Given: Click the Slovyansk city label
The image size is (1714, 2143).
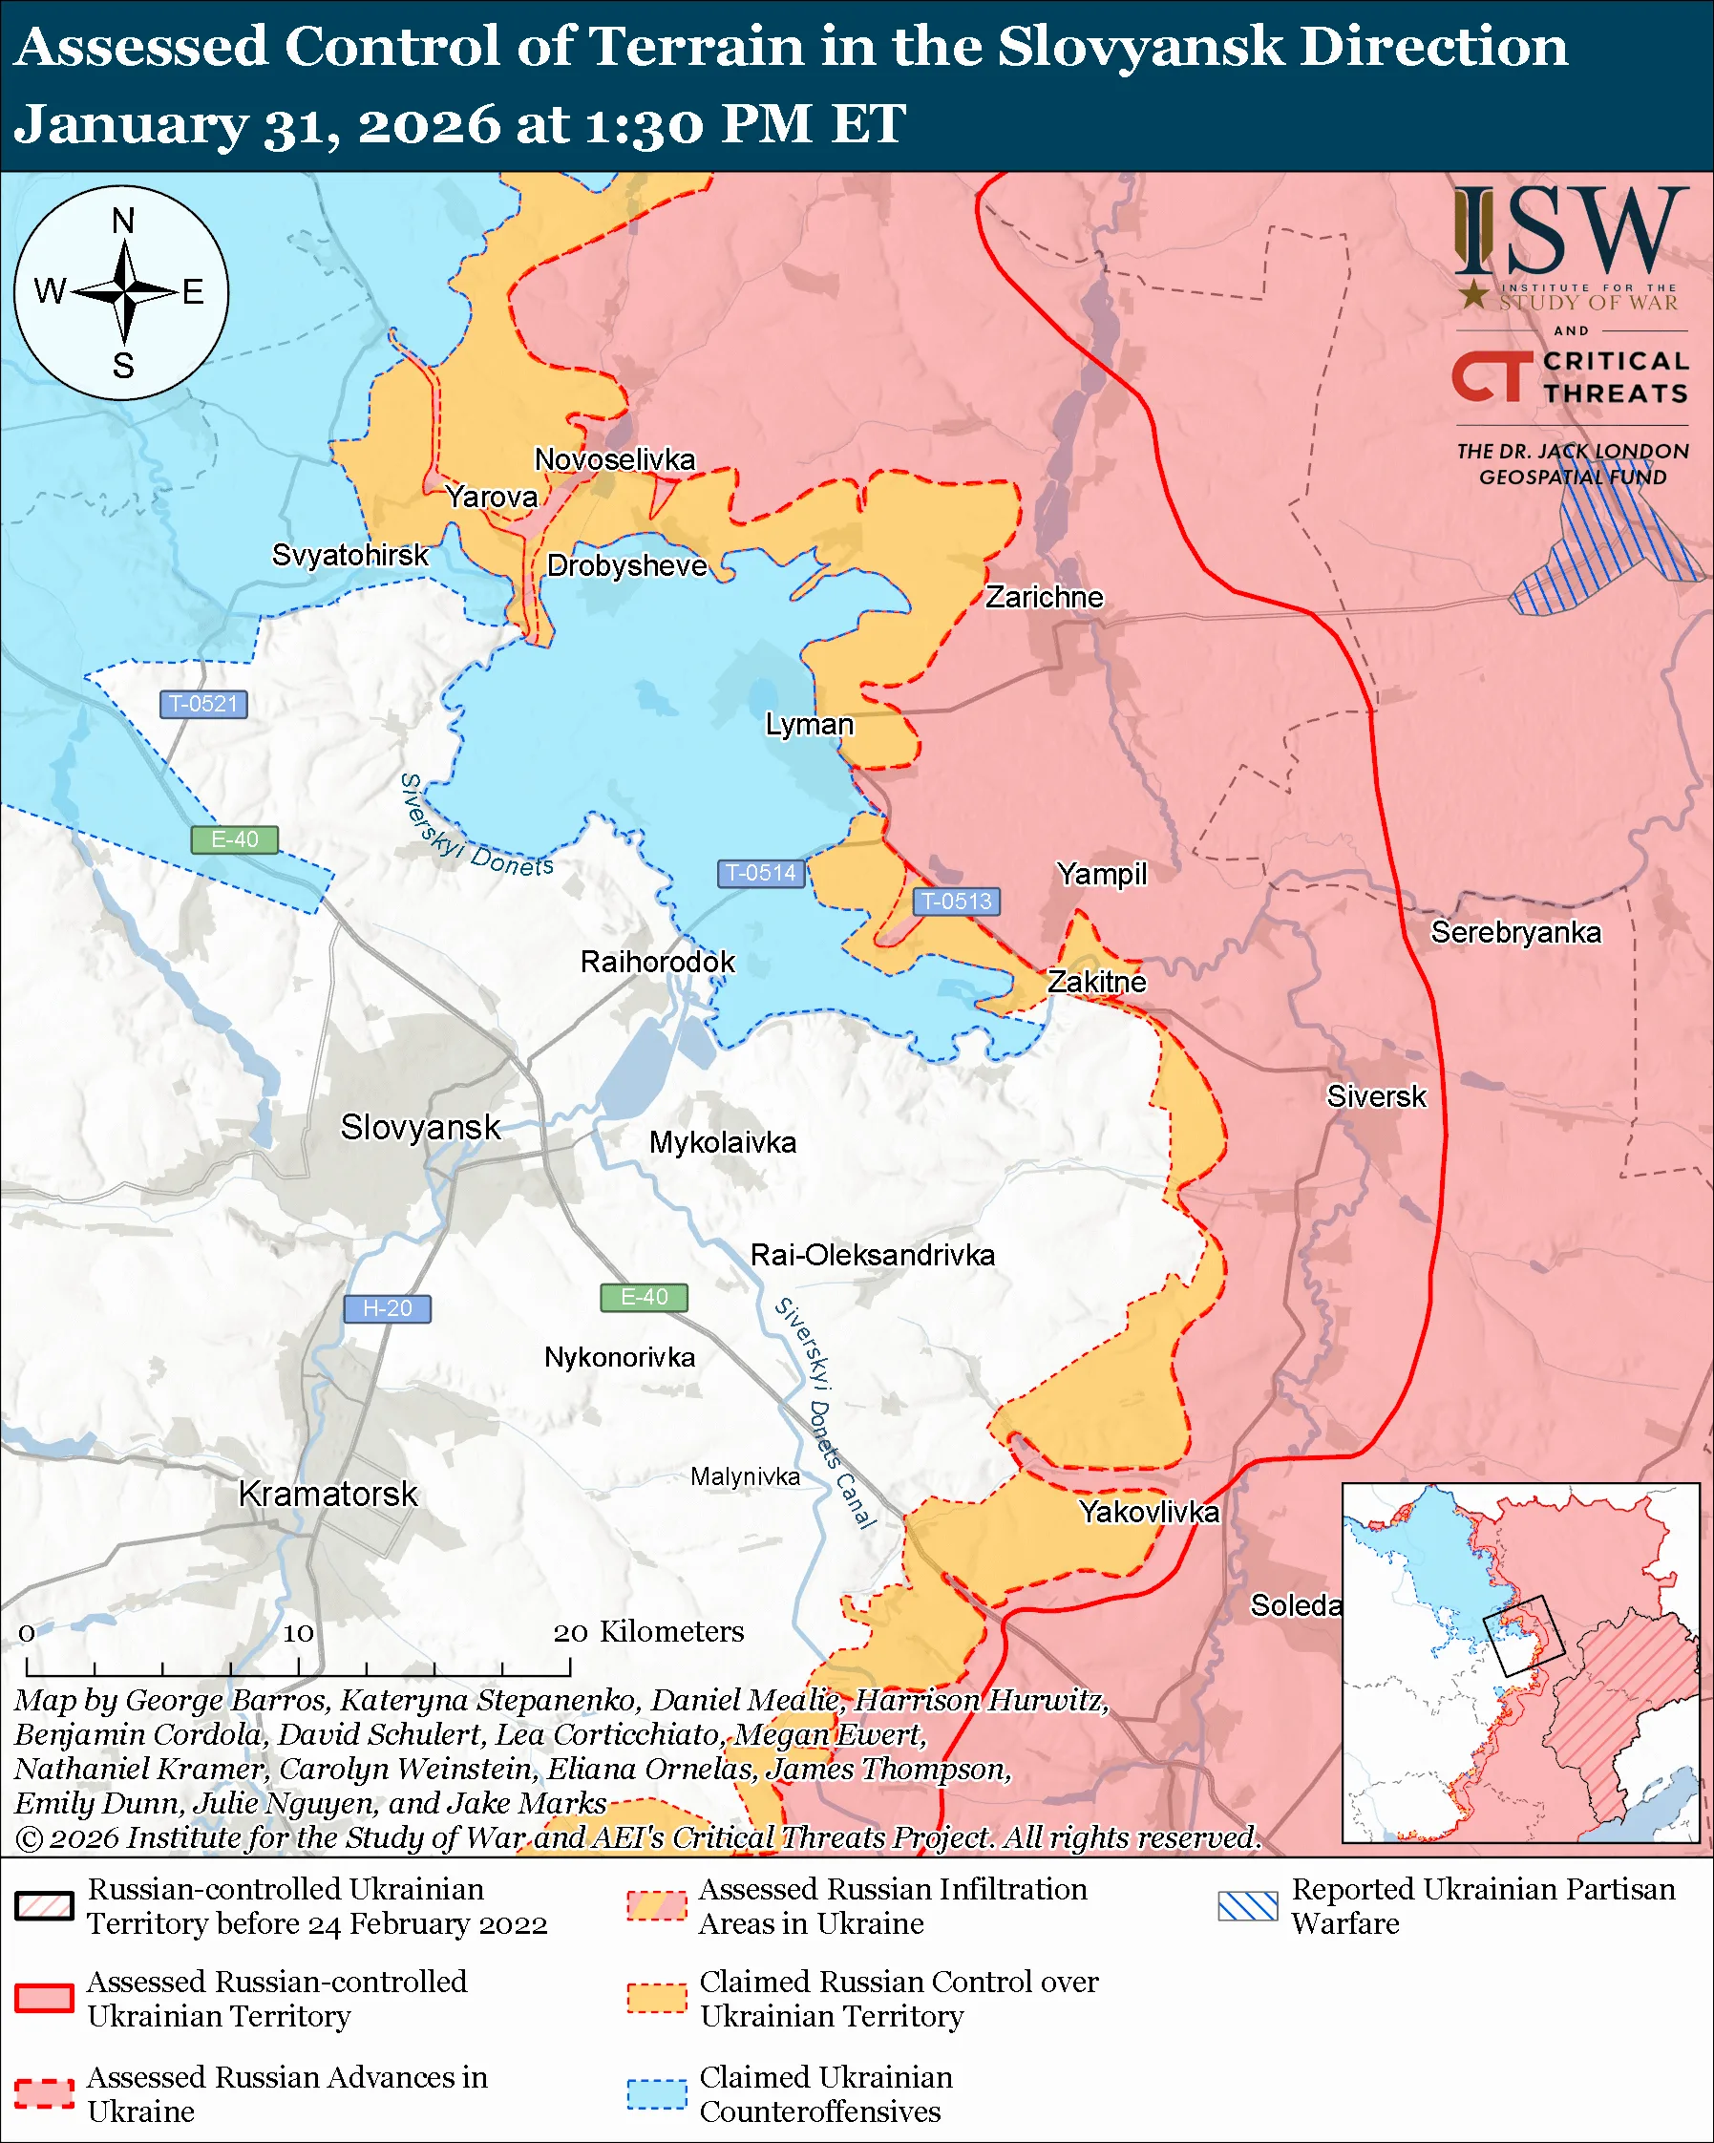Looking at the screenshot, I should [x=420, y=1127].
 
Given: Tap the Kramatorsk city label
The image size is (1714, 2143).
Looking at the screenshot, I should [x=328, y=1494].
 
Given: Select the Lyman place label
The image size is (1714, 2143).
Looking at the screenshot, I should [x=809, y=725].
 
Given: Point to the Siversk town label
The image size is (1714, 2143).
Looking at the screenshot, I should [x=1376, y=1096].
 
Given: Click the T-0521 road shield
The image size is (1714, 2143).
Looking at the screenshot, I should [x=203, y=705].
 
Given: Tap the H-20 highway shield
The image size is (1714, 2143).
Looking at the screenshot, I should [x=387, y=1309].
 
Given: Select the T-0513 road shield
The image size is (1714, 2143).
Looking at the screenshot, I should [x=956, y=902].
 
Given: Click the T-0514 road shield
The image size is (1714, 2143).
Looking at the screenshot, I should [x=761, y=874].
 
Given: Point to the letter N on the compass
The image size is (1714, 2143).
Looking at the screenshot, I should [x=123, y=221].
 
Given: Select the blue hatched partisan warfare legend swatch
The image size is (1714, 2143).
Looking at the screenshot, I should [x=1247, y=1905].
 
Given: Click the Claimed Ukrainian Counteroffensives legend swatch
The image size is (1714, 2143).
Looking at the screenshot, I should [x=657, y=2093].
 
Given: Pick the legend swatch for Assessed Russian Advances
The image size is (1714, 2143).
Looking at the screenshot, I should [x=45, y=2093].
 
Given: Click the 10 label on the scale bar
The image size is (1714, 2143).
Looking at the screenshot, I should [x=298, y=1633].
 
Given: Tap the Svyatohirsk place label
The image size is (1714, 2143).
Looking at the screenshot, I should [x=349, y=555].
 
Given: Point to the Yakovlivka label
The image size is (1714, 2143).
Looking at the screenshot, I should [x=1149, y=1512].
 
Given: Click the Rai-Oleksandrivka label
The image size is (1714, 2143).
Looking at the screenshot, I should [x=873, y=1255].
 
